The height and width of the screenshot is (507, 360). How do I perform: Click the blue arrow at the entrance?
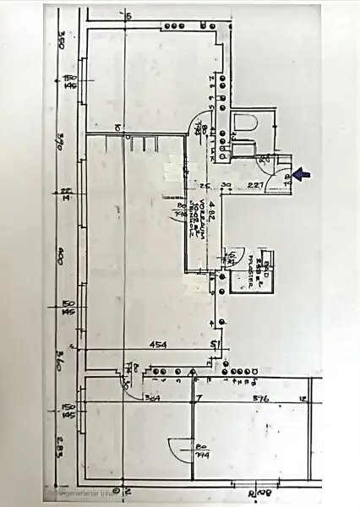point(303,175)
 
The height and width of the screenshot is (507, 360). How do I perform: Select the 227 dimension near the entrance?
point(257,186)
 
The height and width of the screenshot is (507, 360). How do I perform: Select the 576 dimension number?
point(260,397)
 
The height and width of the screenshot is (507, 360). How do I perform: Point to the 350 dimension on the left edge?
point(61,40)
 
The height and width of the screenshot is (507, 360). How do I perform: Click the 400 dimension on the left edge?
point(61,261)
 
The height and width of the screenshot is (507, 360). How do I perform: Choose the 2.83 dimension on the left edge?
point(61,445)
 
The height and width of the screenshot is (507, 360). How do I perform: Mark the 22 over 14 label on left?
point(66,194)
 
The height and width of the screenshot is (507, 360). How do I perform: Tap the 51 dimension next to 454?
point(215,345)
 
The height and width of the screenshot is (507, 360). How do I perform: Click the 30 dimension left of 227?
point(226,186)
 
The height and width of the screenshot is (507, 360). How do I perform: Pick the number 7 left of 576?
point(199,397)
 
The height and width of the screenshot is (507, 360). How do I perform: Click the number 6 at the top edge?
point(129,16)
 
